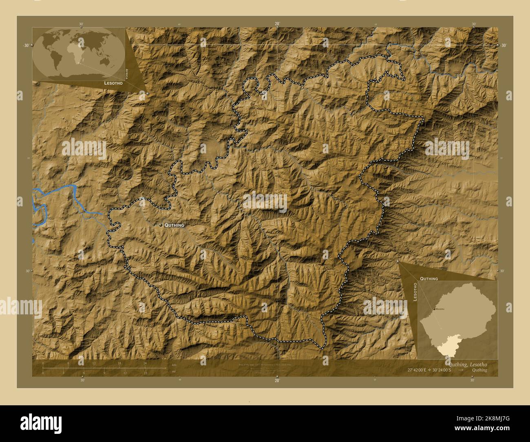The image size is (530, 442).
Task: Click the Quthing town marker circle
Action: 161,225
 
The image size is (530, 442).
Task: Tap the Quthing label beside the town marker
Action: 174,225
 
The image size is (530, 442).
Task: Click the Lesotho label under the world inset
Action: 114,83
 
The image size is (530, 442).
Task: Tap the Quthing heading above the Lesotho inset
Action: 429,278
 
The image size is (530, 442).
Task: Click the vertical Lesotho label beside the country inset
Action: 415,292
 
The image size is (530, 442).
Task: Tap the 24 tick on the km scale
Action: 145,363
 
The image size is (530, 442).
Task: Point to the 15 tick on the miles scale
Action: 145,373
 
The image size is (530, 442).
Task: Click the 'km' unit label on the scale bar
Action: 174,364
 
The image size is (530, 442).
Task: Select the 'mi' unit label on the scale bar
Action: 174,372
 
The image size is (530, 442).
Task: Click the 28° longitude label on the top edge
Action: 277,24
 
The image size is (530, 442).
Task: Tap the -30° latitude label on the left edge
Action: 26,45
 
